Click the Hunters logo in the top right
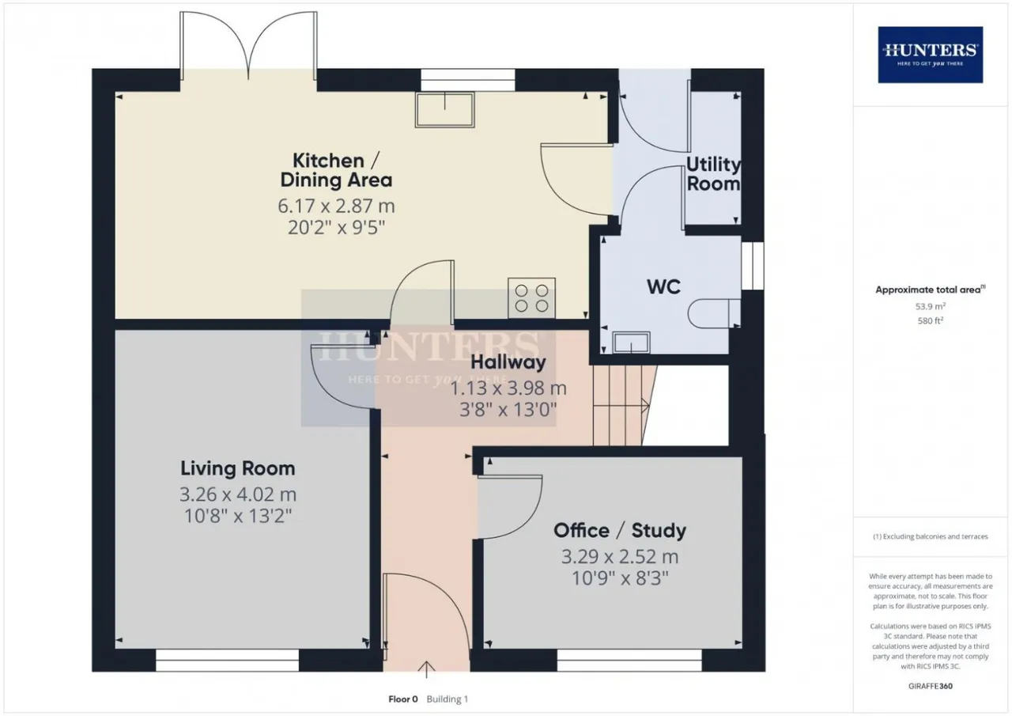[x=931, y=55]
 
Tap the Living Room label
[x=238, y=468]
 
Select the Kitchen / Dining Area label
[x=336, y=170]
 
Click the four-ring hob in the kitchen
[x=532, y=298]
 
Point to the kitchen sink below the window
[x=445, y=110]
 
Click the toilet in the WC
[x=714, y=313]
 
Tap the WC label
[x=663, y=287]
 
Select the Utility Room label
[x=713, y=174]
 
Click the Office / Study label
[x=620, y=531]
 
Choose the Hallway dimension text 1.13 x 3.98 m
[x=508, y=388]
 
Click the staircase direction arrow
[x=621, y=406]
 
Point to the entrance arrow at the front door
[x=426, y=669]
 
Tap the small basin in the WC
[x=631, y=343]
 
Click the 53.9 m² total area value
[x=931, y=306]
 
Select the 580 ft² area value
[x=931, y=321]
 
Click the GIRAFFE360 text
[x=931, y=686]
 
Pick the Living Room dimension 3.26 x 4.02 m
[x=238, y=494]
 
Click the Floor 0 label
[x=403, y=699]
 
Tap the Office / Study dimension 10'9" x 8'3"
[x=620, y=578]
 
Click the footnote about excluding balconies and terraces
[x=931, y=536]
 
